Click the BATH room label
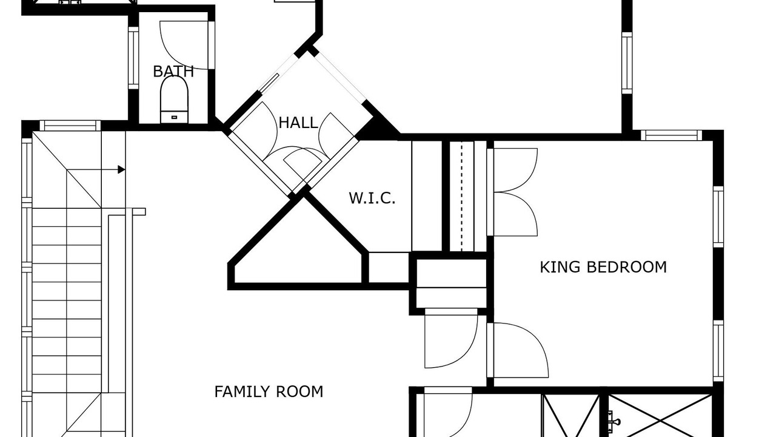click(173, 72)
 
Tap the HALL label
click(298, 123)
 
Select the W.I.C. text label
click(372, 198)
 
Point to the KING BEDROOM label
click(603, 267)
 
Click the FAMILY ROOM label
click(269, 392)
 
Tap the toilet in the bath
click(174, 100)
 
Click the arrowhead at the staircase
click(121, 169)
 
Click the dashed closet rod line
click(461, 196)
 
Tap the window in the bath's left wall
click(133, 58)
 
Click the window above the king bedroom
click(671, 135)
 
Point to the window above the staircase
click(70, 126)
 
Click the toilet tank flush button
click(174, 118)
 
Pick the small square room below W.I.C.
click(389, 268)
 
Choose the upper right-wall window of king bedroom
click(718, 217)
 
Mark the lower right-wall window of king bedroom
click(718, 351)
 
